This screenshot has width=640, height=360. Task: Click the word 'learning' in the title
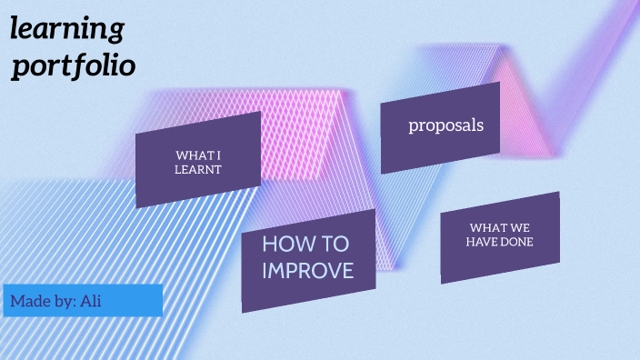(x=66, y=30)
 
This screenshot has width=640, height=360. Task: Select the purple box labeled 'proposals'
(x=441, y=127)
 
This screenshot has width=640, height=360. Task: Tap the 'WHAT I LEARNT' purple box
(x=198, y=160)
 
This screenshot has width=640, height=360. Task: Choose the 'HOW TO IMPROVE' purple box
(x=308, y=260)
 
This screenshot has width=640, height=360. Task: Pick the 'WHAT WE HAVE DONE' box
(x=499, y=236)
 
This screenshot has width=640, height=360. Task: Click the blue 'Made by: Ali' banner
(x=83, y=301)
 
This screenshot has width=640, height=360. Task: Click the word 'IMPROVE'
(x=307, y=270)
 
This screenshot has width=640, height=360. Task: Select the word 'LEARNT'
(x=198, y=169)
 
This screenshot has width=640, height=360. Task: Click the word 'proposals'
(x=445, y=125)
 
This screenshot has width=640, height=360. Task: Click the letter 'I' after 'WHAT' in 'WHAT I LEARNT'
(x=219, y=155)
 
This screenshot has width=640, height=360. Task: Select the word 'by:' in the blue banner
(x=64, y=301)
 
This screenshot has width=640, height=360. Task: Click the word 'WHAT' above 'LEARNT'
(x=195, y=155)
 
